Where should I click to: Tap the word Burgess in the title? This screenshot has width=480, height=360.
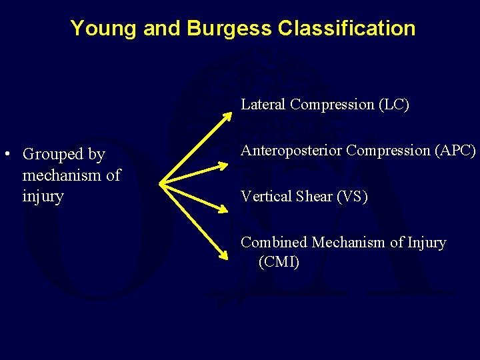(229, 29)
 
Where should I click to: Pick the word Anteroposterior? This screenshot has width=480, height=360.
(291, 151)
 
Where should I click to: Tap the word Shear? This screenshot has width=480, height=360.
(313, 197)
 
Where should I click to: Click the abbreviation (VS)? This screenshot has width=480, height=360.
(353, 197)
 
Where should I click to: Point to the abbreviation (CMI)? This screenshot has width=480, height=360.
(279, 262)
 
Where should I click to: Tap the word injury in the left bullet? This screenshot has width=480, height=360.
(43, 197)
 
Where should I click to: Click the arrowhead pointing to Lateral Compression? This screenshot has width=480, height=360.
(227, 116)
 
